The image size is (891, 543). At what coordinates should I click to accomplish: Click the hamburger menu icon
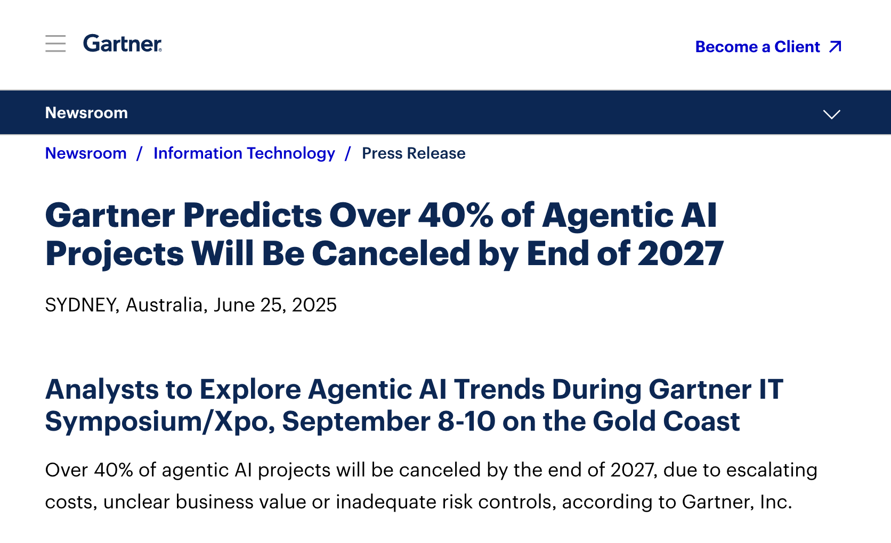pyautogui.click(x=55, y=43)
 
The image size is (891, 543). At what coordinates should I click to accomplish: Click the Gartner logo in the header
pyautogui.click(x=123, y=44)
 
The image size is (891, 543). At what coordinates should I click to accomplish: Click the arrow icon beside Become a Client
pyautogui.click(x=836, y=46)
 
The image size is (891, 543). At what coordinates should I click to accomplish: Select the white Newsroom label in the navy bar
pyautogui.click(x=86, y=113)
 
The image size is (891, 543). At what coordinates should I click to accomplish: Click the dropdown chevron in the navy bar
pyautogui.click(x=832, y=114)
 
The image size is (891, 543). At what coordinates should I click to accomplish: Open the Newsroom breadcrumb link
pyautogui.click(x=86, y=153)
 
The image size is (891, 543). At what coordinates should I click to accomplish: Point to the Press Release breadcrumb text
pyautogui.click(x=414, y=153)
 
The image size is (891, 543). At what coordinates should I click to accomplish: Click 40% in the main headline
pyautogui.click(x=456, y=215)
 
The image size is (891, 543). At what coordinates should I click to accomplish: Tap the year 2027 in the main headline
pyautogui.click(x=681, y=253)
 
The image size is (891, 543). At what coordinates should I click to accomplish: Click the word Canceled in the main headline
pyautogui.click(x=391, y=253)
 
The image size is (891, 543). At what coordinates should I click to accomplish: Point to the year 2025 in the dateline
pyautogui.click(x=314, y=305)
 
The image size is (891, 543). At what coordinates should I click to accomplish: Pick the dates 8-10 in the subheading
pyautogui.click(x=467, y=422)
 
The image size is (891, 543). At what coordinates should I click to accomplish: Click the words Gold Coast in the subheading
pyautogui.click(x=666, y=422)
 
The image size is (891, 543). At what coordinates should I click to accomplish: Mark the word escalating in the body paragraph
pyautogui.click(x=772, y=470)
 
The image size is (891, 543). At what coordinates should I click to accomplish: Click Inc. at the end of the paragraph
pyautogui.click(x=776, y=502)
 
